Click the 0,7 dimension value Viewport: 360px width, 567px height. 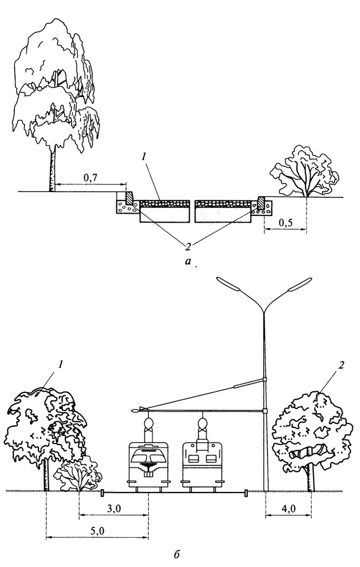89,178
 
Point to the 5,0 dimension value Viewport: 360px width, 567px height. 97,531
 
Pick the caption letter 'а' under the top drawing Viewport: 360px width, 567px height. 189,261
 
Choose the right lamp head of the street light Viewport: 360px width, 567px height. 301,284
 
